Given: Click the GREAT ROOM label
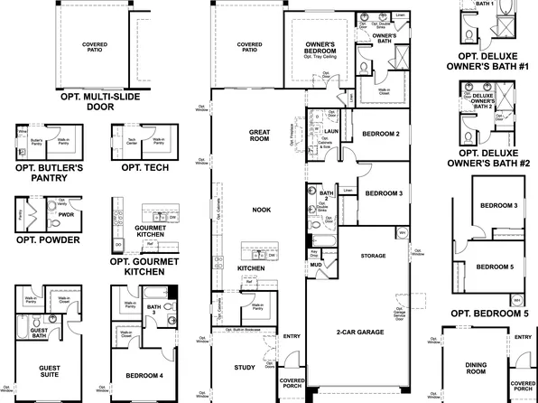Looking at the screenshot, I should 260,136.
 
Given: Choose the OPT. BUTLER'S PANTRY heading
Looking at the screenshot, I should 49,173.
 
